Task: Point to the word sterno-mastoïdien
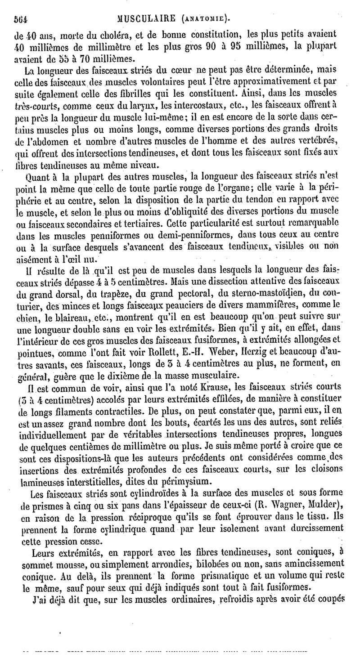point(267,282)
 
